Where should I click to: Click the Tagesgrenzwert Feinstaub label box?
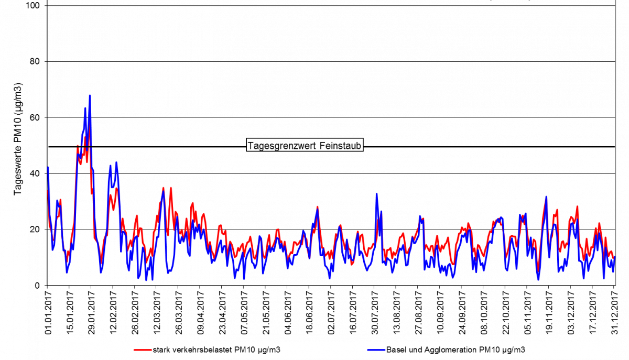click(305, 146)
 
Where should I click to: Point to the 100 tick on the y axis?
click(35, 5)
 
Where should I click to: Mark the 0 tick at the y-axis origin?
click(37, 286)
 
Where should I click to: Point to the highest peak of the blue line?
click(90, 96)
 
